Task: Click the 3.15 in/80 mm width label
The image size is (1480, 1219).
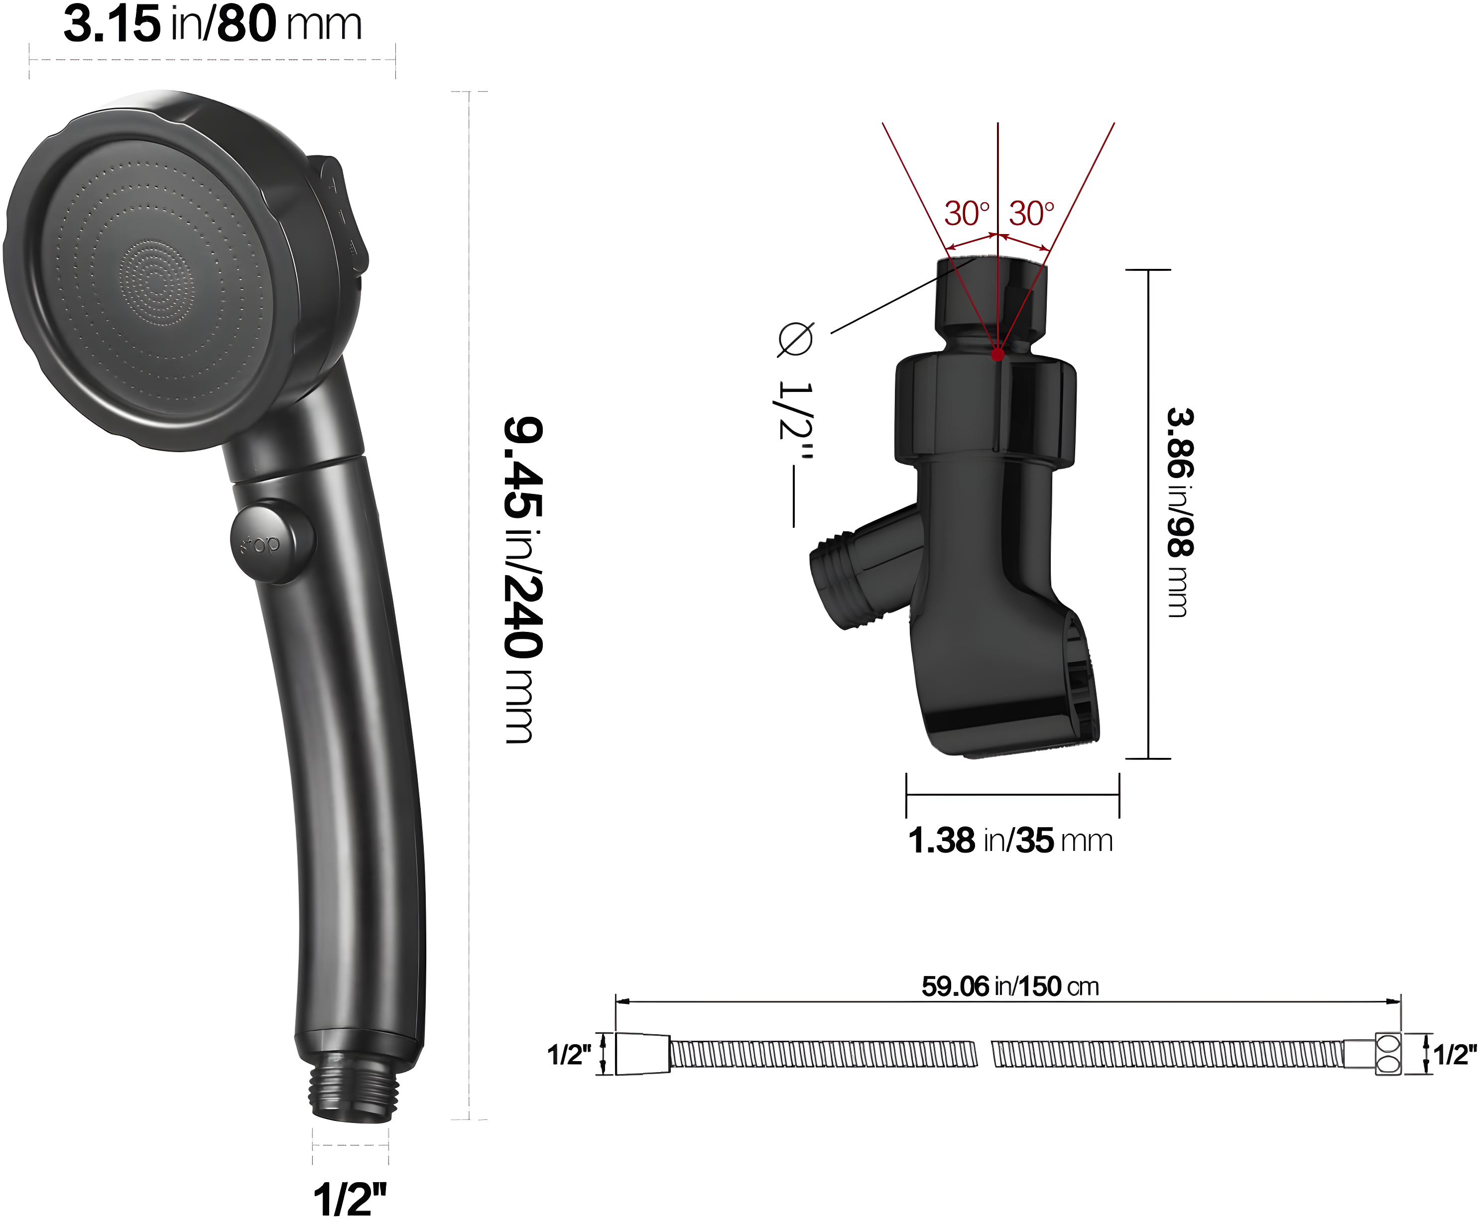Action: [212, 24]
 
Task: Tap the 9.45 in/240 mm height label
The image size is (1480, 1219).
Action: [523, 579]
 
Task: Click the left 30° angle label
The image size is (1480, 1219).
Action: [966, 214]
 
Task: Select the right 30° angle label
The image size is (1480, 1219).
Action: [1031, 214]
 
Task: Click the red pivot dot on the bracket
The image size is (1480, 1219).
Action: [997, 356]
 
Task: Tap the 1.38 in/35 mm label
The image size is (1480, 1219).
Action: [1010, 841]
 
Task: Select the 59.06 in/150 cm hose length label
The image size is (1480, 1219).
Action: [1009, 986]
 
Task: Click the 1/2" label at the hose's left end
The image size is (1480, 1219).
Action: [569, 1055]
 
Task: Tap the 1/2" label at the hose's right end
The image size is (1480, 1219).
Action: [1455, 1055]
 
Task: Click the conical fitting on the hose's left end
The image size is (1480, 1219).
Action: [642, 1053]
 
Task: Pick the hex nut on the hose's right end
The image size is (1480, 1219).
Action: [1387, 1053]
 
